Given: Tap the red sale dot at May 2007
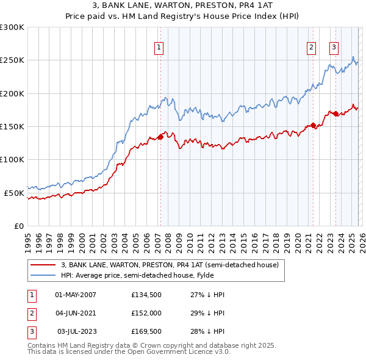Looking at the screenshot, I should coord(160,137).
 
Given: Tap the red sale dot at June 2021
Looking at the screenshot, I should coord(313,126).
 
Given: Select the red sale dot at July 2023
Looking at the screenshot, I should coord(335,113).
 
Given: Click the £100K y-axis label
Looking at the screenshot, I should coord(12,159).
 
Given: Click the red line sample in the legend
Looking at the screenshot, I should coord(42,265).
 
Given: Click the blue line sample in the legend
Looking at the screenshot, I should coord(42,275).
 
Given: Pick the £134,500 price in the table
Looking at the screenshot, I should coord(145,295).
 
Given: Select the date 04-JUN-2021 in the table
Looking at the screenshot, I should coord(76,313).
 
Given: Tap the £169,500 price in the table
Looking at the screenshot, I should coord(145,331).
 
